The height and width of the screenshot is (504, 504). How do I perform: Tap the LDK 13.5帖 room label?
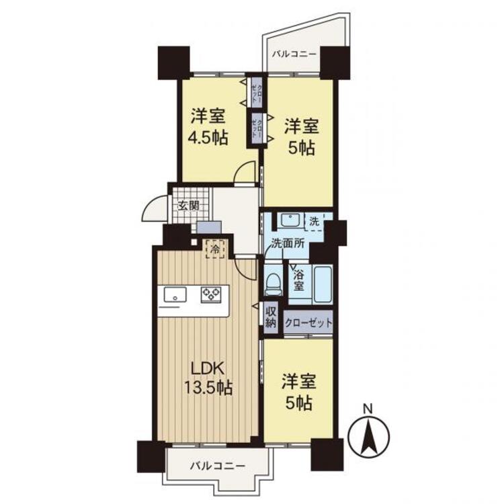click(x=210, y=378)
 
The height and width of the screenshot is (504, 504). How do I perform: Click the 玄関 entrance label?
click(x=188, y=206)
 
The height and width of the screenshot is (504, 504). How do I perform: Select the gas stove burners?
click(x=211, y=294)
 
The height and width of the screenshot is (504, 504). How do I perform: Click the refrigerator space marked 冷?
click(x=215, y=248)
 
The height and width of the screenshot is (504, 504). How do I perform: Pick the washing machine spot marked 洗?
click(x=314, y=220)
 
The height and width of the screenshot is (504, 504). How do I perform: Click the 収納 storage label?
click(x=270, y=317)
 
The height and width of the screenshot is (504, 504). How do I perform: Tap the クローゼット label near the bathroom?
click(x=309, y=323)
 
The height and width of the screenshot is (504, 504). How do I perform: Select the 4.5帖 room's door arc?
click(x=245, y=173)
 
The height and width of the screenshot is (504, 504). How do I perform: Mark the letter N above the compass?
click(x=367, y=408)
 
